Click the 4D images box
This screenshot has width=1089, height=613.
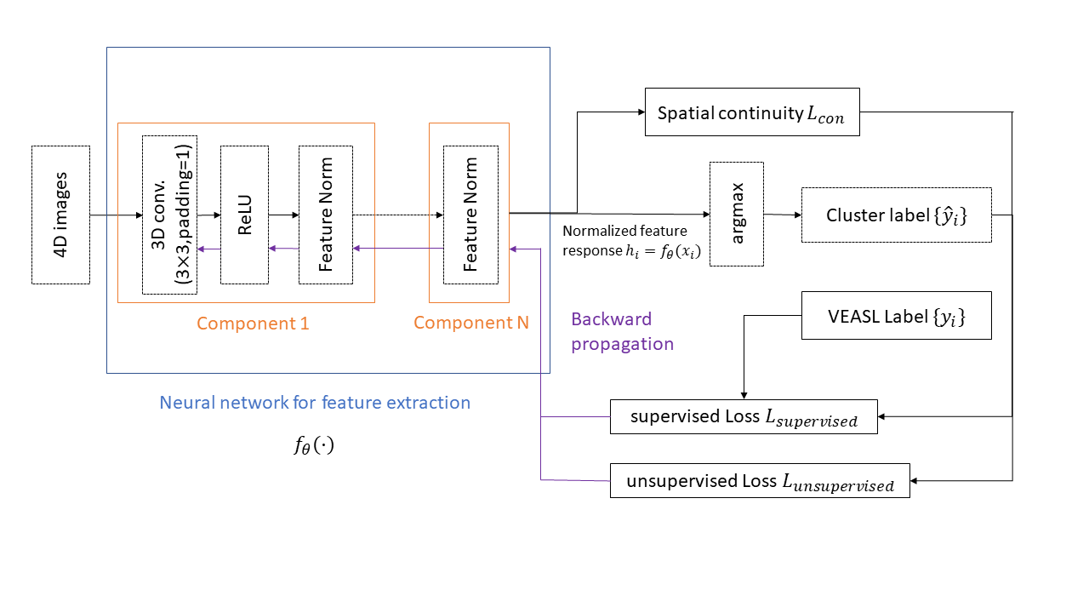(60, 215)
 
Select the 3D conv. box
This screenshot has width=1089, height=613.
(169, 215)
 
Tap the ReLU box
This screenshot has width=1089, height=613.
(244, 215)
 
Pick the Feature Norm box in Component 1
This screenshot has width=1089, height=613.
(325, 215)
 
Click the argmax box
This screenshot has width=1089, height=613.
(737, 214)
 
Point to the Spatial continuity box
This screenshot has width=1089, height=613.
(752, 112)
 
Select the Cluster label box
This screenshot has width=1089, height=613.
(896, 215)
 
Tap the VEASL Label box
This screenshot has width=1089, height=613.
(896, 316)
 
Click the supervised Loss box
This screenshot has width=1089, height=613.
(744, 416)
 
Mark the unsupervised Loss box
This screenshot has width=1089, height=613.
(760, 481)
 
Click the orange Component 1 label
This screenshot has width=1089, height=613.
(253, 324)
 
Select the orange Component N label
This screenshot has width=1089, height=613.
(470, 324)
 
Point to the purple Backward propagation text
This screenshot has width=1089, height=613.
(622, 332)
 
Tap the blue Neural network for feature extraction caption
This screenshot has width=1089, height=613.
(315, 402)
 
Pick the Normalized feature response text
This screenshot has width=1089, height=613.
(630, 242)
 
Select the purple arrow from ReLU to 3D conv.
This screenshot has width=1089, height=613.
(209, 249)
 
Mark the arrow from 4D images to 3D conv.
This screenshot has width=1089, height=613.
(116, 215)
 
